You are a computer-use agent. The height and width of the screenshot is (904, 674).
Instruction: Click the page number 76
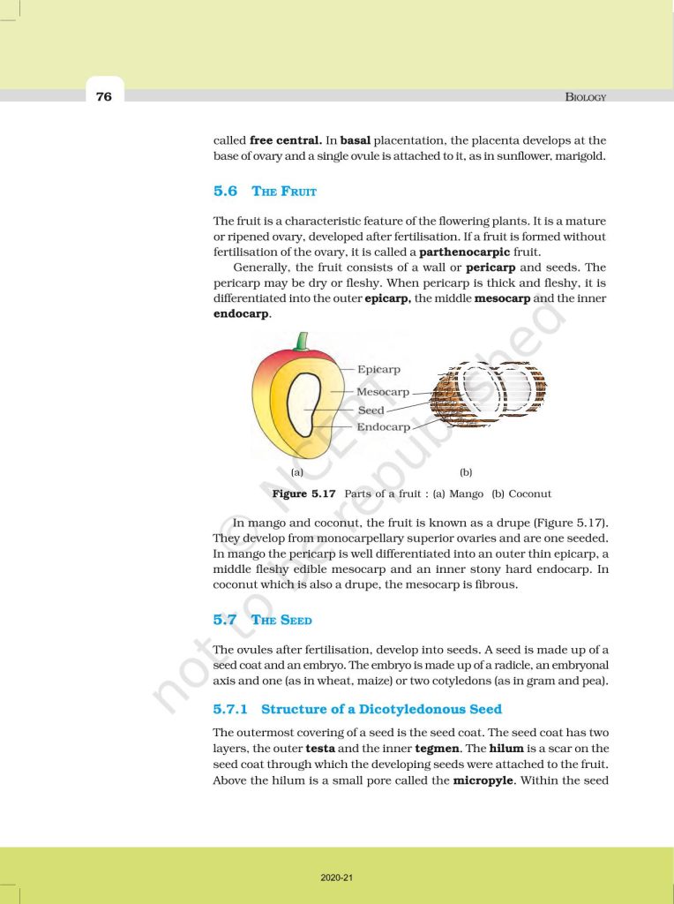tap(104, 96)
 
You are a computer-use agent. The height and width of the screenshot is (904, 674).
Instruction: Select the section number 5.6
tap(225, 190)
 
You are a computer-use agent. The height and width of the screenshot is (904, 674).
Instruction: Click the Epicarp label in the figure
tap(378, 370)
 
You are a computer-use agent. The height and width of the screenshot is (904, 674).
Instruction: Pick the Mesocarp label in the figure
tap(382, 391)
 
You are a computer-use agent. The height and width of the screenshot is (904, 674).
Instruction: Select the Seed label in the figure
tap(371, 411)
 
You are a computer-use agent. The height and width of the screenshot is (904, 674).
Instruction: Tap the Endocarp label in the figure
tap(383, 427)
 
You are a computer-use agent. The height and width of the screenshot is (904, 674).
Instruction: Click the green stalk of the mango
tap(303, 341)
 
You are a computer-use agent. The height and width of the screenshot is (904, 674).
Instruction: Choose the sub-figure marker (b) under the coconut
tap(466, 472)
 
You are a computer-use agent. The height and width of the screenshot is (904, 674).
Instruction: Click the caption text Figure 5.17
tap(304, 493)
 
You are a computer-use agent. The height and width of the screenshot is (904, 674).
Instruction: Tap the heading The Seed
tap(281, 620)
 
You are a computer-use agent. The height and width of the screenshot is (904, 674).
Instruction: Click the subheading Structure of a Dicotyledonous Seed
tap(381, 709)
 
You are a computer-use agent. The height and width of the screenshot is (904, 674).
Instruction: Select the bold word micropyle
tap(483, 780)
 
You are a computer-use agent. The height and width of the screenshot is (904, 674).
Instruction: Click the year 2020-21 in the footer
tap(336, 878)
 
